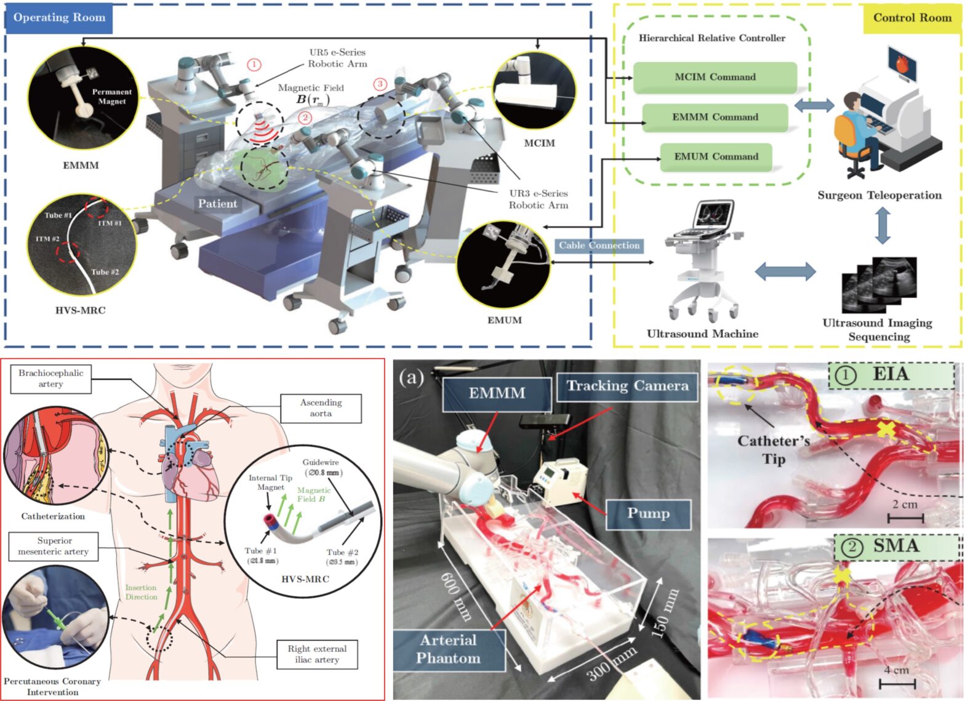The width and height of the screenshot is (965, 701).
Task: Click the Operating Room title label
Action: point(59,18)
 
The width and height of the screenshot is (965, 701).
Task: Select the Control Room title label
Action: point(912,18)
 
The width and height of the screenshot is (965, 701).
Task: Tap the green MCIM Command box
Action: point(715,77)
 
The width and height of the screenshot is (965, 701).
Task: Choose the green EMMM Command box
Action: point(715,117)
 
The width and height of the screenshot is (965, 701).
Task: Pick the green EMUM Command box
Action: point(716,157)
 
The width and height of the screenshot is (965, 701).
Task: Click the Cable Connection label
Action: point(599,246)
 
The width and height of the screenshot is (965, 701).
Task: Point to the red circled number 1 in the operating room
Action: point(254,64)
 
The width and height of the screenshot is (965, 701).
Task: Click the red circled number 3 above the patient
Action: point(380,84)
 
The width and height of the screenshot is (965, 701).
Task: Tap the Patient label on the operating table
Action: point(217,204)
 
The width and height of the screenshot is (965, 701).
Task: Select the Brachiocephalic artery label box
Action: point(50,379)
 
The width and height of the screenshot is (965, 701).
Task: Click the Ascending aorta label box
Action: point(321,407)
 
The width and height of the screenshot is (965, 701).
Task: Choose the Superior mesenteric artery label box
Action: point(54,546)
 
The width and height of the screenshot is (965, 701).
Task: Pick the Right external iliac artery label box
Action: point(317,654)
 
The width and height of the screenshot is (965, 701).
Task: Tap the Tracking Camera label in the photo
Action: point(627,386)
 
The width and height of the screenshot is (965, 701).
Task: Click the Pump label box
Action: point(648,513)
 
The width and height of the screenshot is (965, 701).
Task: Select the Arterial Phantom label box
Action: point(449,649)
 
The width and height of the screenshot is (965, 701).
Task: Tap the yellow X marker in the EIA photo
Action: point(886,430)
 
